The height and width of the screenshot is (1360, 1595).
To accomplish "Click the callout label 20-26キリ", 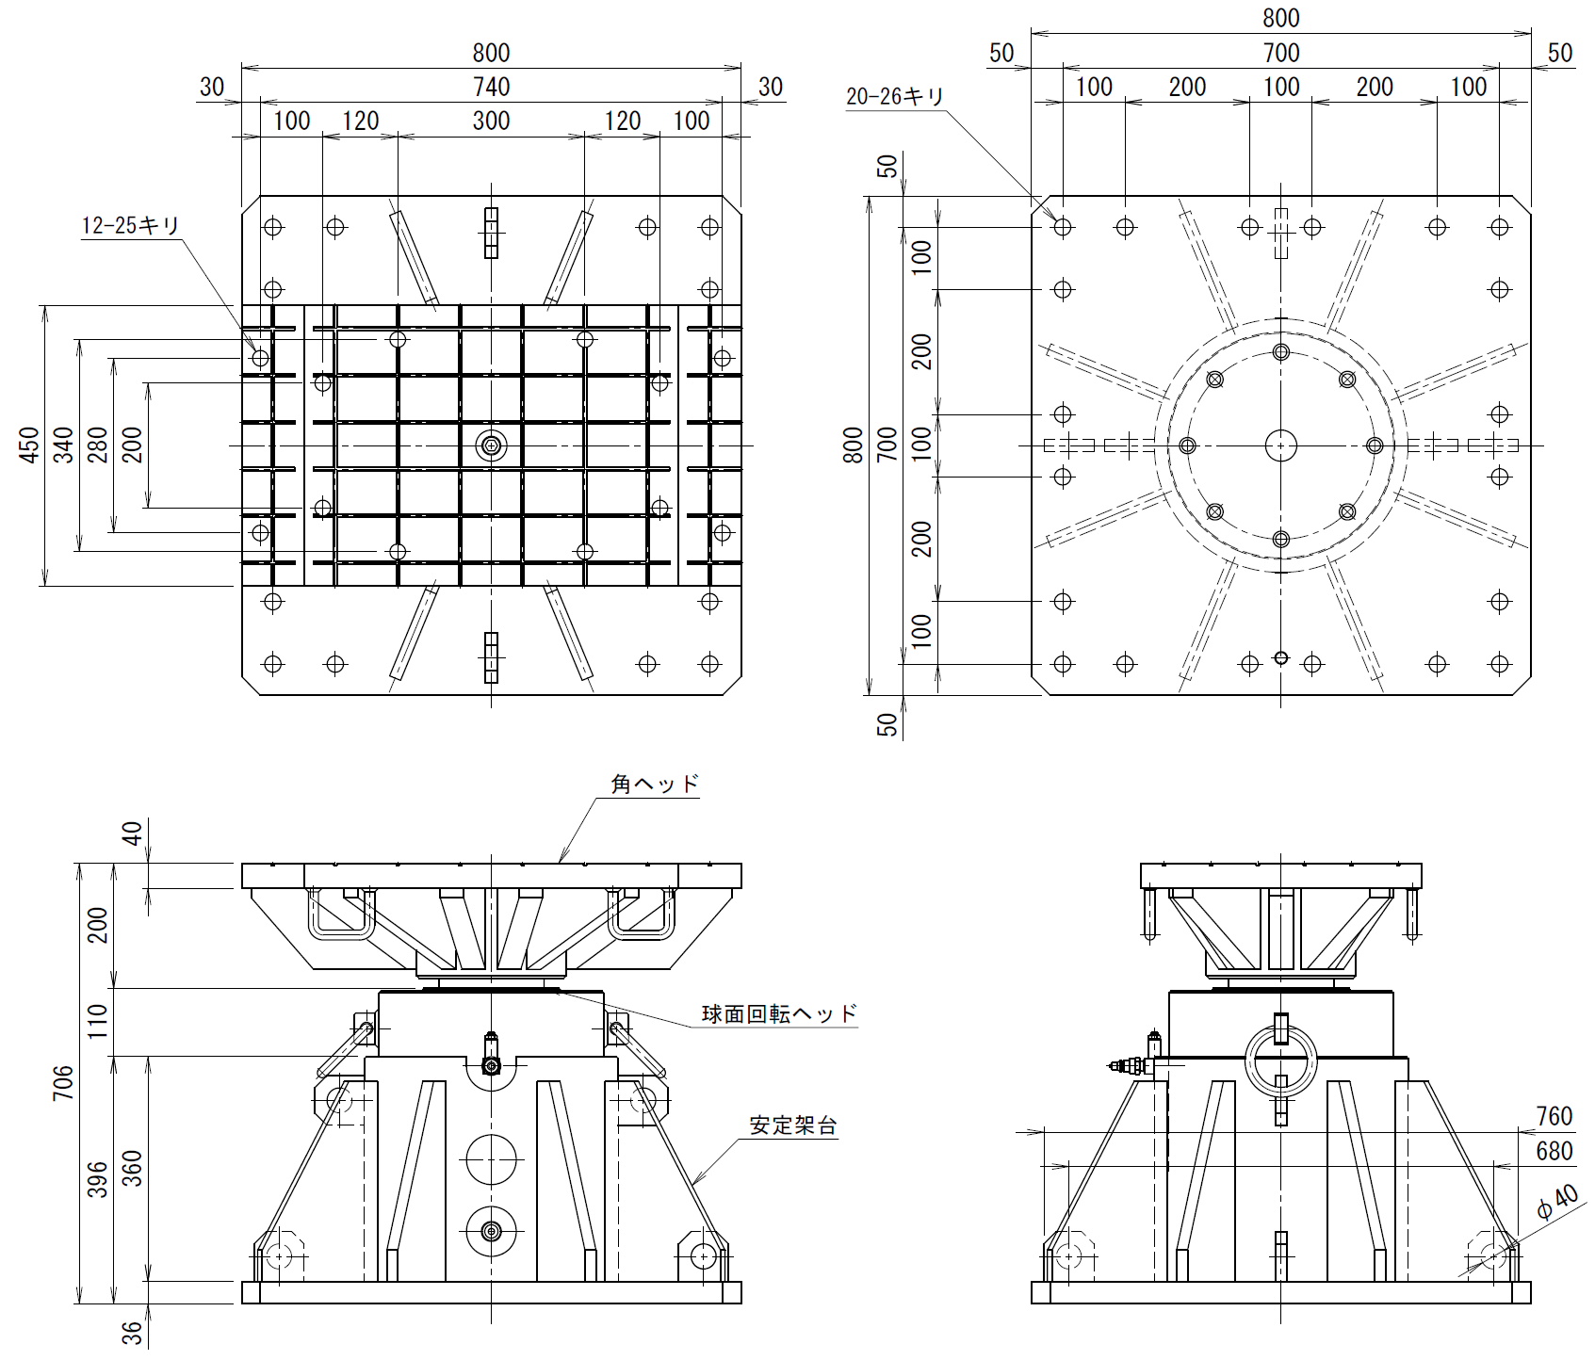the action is [x=894, y=98].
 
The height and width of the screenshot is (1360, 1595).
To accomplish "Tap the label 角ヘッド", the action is [x=655, y=785].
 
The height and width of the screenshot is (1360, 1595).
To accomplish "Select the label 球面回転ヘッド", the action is [x=779, y=1014].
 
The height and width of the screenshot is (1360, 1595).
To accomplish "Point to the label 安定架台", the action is [x=793, y=1126].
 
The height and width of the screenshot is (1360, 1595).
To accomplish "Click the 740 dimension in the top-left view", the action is [x=491, y=87].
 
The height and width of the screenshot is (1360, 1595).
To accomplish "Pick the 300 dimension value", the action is [x=491, y=121].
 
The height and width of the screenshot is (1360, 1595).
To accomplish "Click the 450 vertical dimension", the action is [x=29, y=445].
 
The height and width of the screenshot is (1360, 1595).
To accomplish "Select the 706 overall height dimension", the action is [x=63, y=1083].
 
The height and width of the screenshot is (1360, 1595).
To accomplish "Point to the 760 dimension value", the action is [x=1554, y=1116].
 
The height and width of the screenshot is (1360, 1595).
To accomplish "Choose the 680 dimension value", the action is [x=1554, y=1151].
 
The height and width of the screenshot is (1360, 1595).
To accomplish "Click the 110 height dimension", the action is [x=97, y=1023].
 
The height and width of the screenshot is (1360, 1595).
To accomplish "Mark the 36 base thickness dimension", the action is [x=133, y=1333].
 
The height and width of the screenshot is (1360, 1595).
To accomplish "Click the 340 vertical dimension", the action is [x=63, y=445].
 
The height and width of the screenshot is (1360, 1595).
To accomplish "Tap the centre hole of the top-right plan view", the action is [x=1280, y=445].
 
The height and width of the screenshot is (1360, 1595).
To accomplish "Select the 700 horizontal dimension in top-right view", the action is [x=1281, y=53].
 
